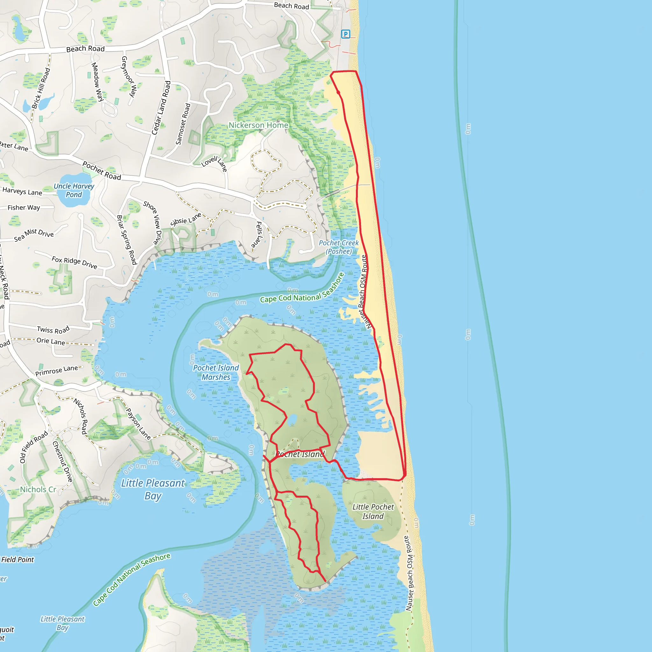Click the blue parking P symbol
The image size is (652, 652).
coord(345,34)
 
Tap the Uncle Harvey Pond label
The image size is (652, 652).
coord(74,190)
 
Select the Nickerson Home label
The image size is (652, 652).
coord(259,125)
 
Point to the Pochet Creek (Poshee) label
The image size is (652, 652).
coord(338,247)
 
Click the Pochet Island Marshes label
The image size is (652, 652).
coord(216,372)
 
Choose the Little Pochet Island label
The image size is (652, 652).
coord(373,511)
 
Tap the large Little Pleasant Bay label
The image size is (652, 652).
coord(153,489)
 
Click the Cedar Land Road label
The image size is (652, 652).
coord(161,108)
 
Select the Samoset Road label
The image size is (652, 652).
coord(183,124)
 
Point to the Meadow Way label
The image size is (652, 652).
coord(97,82)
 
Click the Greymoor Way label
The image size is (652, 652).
coord(129,77)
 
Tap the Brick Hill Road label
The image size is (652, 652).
coord(41,89)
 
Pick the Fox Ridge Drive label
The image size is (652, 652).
coord(74,263)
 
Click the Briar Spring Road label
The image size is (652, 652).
coord(127,240)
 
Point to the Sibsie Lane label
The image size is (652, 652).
coord(186,220)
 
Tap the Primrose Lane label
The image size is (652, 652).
coord(57,371)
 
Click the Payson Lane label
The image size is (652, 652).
coord(138,424)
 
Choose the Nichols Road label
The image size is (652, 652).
coord(81,416)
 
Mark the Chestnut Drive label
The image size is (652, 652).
coord(63,462)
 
